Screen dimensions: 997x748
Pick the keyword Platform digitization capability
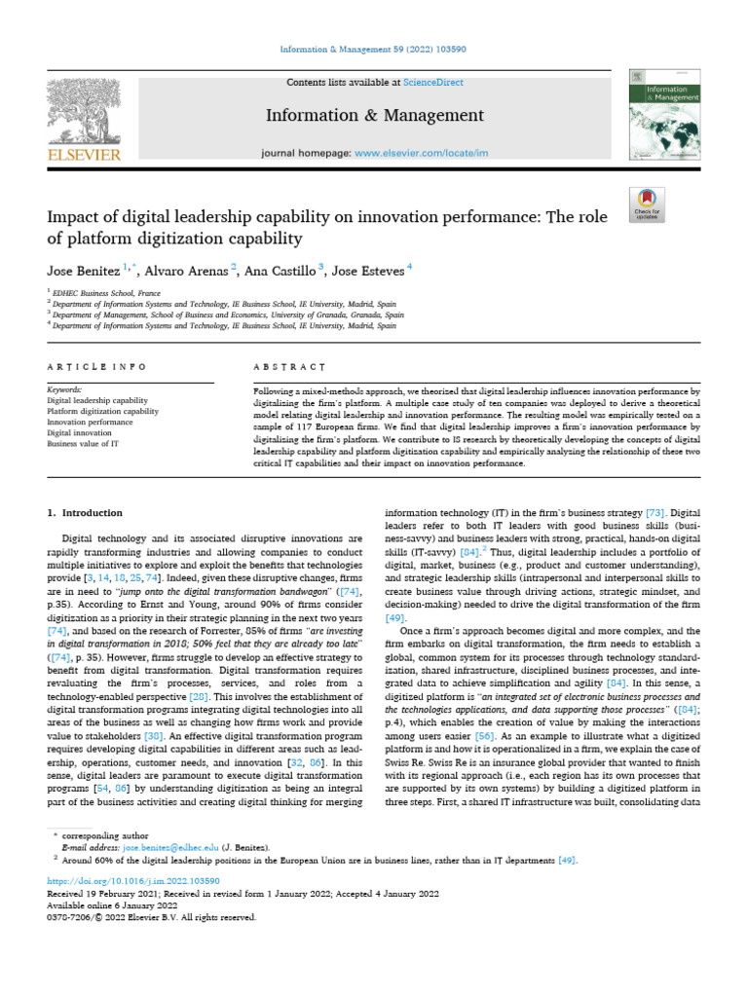click(x=102, y=411)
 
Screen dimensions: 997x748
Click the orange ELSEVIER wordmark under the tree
click(x=84, y=155)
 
